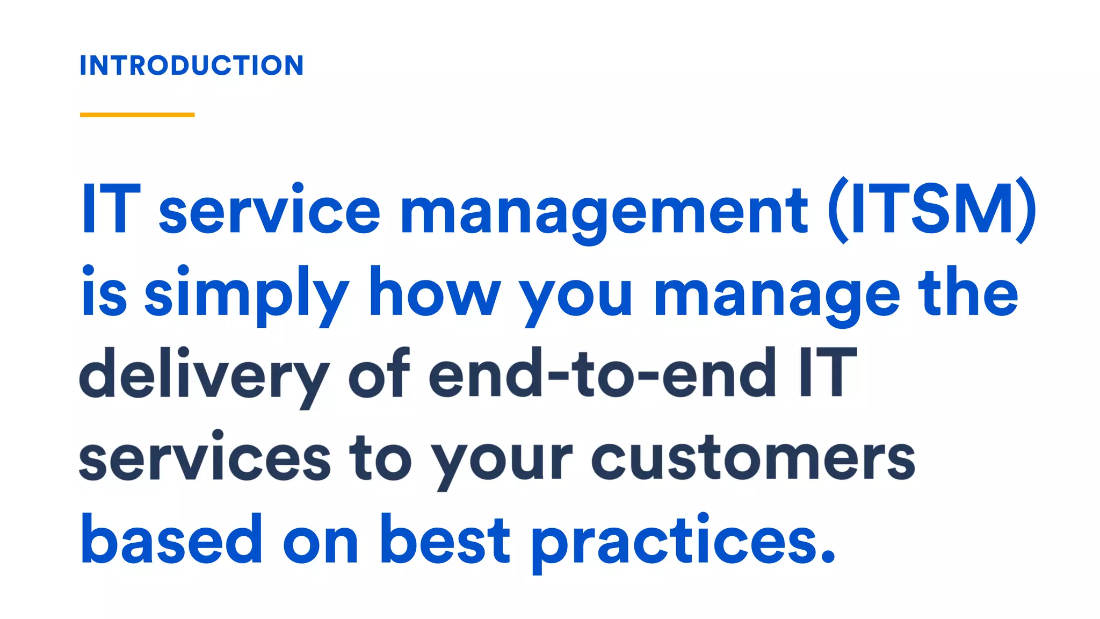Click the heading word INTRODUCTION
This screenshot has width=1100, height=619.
192,66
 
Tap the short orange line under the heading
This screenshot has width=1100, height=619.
137,114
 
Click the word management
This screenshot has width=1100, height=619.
604,211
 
